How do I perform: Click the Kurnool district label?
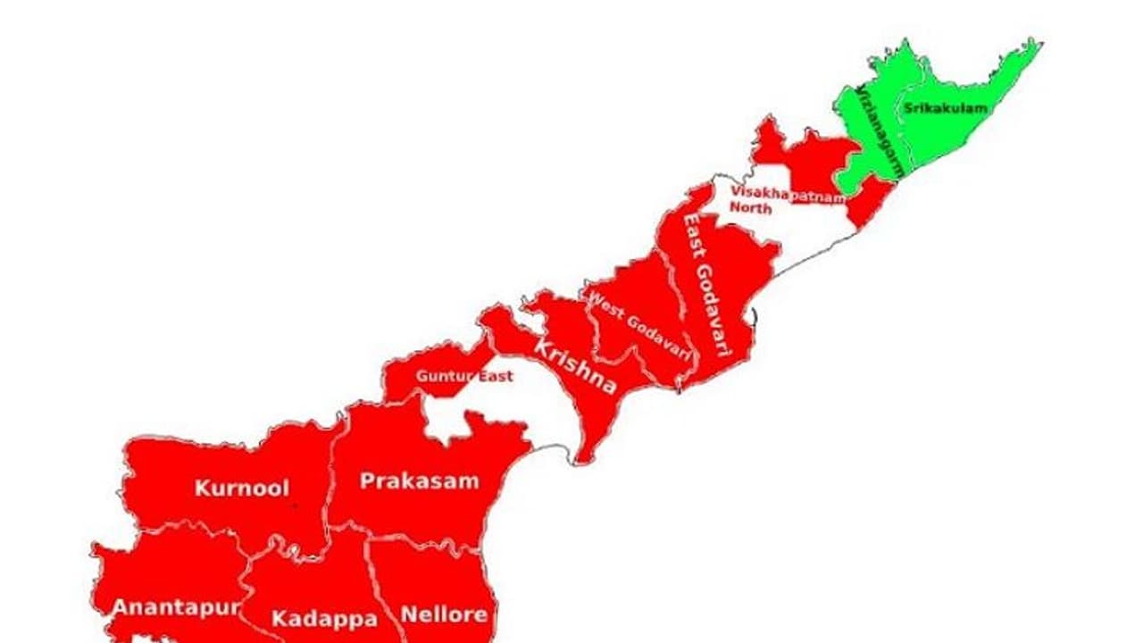(242, 489)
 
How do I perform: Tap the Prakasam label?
(419, 481)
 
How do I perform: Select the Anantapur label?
(175, 608)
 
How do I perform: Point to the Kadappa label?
(324, 618)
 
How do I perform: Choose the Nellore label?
(444, 614)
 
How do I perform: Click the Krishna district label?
(575, 365)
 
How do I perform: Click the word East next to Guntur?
(496, 376)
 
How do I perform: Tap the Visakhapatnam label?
(786, 194)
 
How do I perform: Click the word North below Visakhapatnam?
(751, 208)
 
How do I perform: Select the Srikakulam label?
(946, 109)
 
